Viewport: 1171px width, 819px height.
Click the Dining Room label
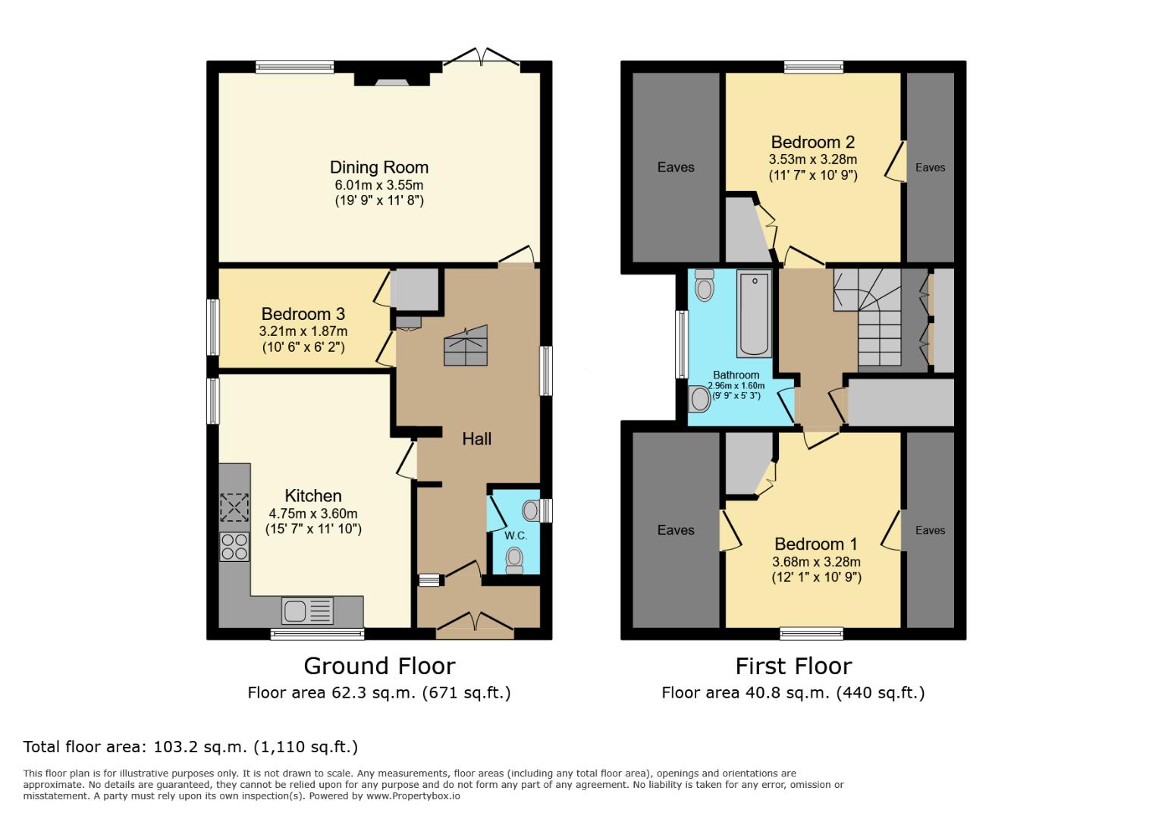378,168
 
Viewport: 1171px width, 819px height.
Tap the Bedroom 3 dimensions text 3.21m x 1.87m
303,331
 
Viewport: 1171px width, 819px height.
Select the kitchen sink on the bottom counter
307,610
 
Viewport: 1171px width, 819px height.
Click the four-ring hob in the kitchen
234,547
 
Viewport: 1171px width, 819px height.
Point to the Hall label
476,439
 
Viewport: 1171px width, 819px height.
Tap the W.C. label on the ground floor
516,535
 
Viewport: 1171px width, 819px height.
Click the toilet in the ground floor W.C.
515,560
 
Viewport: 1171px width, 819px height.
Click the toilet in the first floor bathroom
705,286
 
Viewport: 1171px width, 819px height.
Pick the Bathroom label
736,375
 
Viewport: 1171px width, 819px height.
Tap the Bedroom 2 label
812,142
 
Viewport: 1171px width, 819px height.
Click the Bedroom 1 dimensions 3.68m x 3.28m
816,562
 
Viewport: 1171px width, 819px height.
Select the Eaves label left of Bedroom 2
676,168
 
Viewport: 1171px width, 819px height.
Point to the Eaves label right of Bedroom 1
930,531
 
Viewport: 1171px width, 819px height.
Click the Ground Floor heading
379,666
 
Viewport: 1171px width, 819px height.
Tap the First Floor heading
793,666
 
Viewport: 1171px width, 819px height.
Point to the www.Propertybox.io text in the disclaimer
413,796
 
